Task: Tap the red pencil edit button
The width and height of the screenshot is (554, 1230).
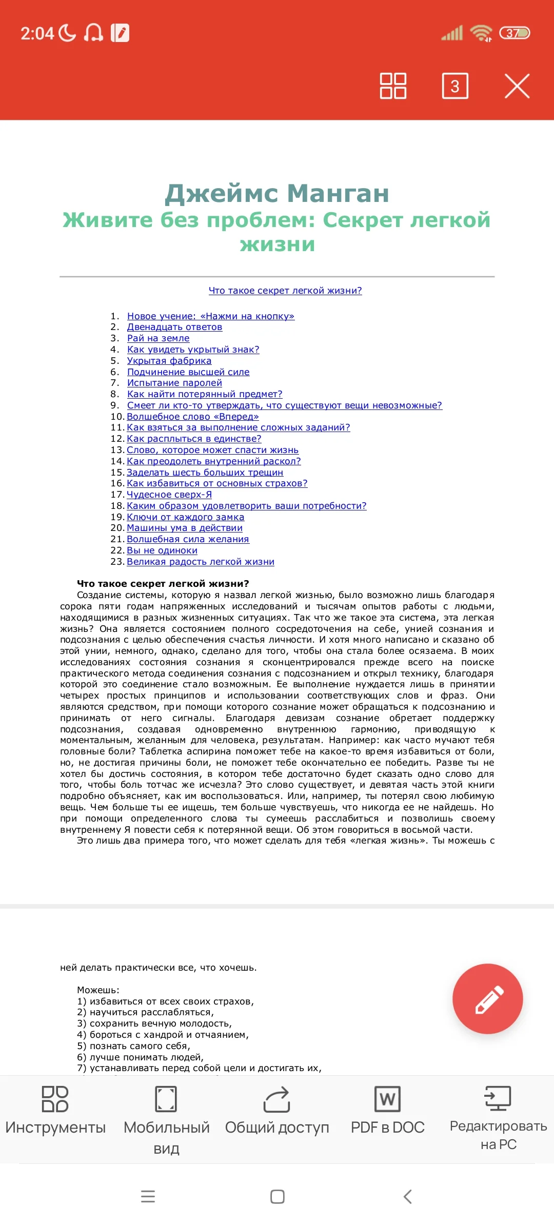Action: [x=487, y=999]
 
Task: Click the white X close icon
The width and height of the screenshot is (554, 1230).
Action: [x=517, y=86]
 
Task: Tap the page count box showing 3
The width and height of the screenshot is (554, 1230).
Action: [x=455, y=86]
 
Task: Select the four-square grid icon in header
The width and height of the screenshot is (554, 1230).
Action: [x=393, y=86]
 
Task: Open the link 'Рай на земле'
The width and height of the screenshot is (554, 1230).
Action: [x=158, y=338]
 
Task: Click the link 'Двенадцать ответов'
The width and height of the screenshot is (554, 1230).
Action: [x=174, y=327]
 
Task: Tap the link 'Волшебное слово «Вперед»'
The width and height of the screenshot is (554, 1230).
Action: [x=193, y=417]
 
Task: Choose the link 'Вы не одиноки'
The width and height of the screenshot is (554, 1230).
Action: [x=162, y=550]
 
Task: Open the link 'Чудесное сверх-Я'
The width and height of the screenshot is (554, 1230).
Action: [x=169, y=495]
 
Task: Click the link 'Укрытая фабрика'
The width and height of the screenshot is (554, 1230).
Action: [x=169, y=361]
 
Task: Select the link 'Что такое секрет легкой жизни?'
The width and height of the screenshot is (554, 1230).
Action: [x=285, y=291]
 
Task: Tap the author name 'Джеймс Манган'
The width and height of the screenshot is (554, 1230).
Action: [x=277, y=193]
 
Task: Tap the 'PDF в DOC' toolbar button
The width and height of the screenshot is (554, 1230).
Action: [x=387, y=1110]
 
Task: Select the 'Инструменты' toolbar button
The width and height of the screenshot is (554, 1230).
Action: [x=55, y=1110]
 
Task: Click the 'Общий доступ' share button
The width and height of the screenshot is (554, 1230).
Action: [x=277, y=1110]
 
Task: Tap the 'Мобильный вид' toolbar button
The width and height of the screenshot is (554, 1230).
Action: [x=166, y=1117]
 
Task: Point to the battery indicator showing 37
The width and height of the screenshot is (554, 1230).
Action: [x=514, y=33]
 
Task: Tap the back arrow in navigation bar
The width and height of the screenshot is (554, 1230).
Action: [x=408, y=1197]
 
